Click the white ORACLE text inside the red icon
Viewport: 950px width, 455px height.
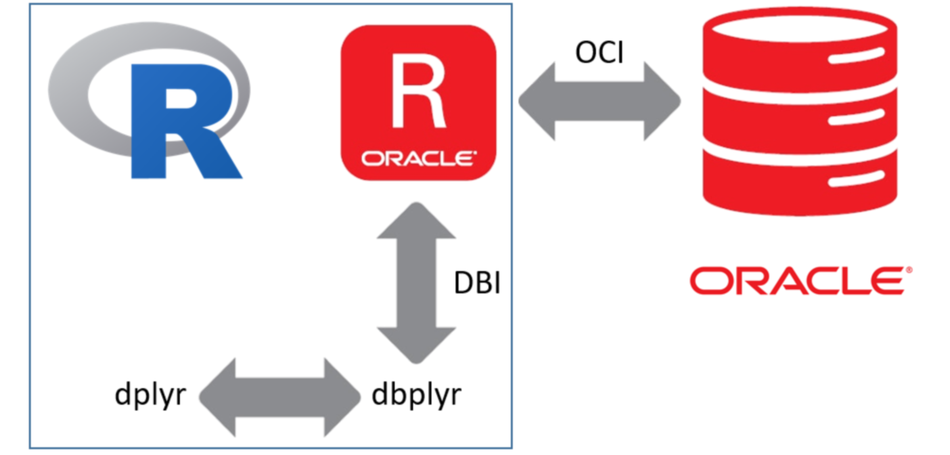(417, 159)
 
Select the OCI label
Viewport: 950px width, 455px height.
(599, 52)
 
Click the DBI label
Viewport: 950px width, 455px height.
(476, 282)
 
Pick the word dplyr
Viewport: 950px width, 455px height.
(150, 394)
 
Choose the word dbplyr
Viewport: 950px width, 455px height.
(417, 394)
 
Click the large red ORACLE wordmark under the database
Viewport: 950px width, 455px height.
(796, 281)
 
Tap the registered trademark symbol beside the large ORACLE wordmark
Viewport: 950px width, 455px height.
(908, 270)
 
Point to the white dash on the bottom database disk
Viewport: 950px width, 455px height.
(856, 181)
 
